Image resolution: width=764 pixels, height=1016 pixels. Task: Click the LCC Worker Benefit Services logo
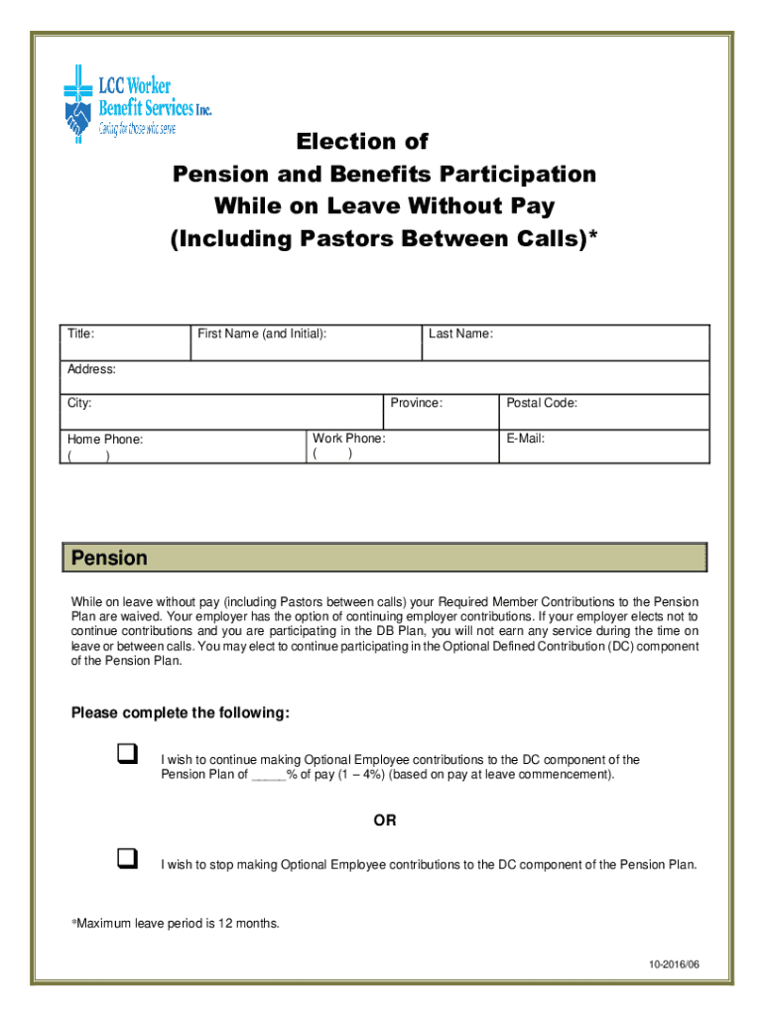coord(137,103)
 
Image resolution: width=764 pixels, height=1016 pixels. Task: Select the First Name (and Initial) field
coord(262,334)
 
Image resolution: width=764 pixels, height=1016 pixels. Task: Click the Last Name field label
coord(460,334)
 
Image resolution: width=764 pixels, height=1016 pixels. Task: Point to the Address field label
coord(91,370)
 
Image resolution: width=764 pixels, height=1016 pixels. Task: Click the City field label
coord(79,404)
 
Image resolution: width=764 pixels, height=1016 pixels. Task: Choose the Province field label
coord(416,404)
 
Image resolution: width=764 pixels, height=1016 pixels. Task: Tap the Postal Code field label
coord(542,404)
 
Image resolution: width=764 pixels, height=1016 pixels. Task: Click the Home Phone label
coord(105,440)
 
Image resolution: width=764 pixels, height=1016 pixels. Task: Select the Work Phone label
coord(348,439)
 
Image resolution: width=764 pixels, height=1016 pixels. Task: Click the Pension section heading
coord(109,559)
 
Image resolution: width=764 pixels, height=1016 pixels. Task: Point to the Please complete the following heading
coord(181,713)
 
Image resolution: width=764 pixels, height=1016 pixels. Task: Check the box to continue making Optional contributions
coord(126,756)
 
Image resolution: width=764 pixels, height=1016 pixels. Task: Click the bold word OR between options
coord(384,821)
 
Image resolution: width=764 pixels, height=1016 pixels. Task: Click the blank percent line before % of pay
coord(268,775)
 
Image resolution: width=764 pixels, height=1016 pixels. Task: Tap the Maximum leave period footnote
coord(176,924)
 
